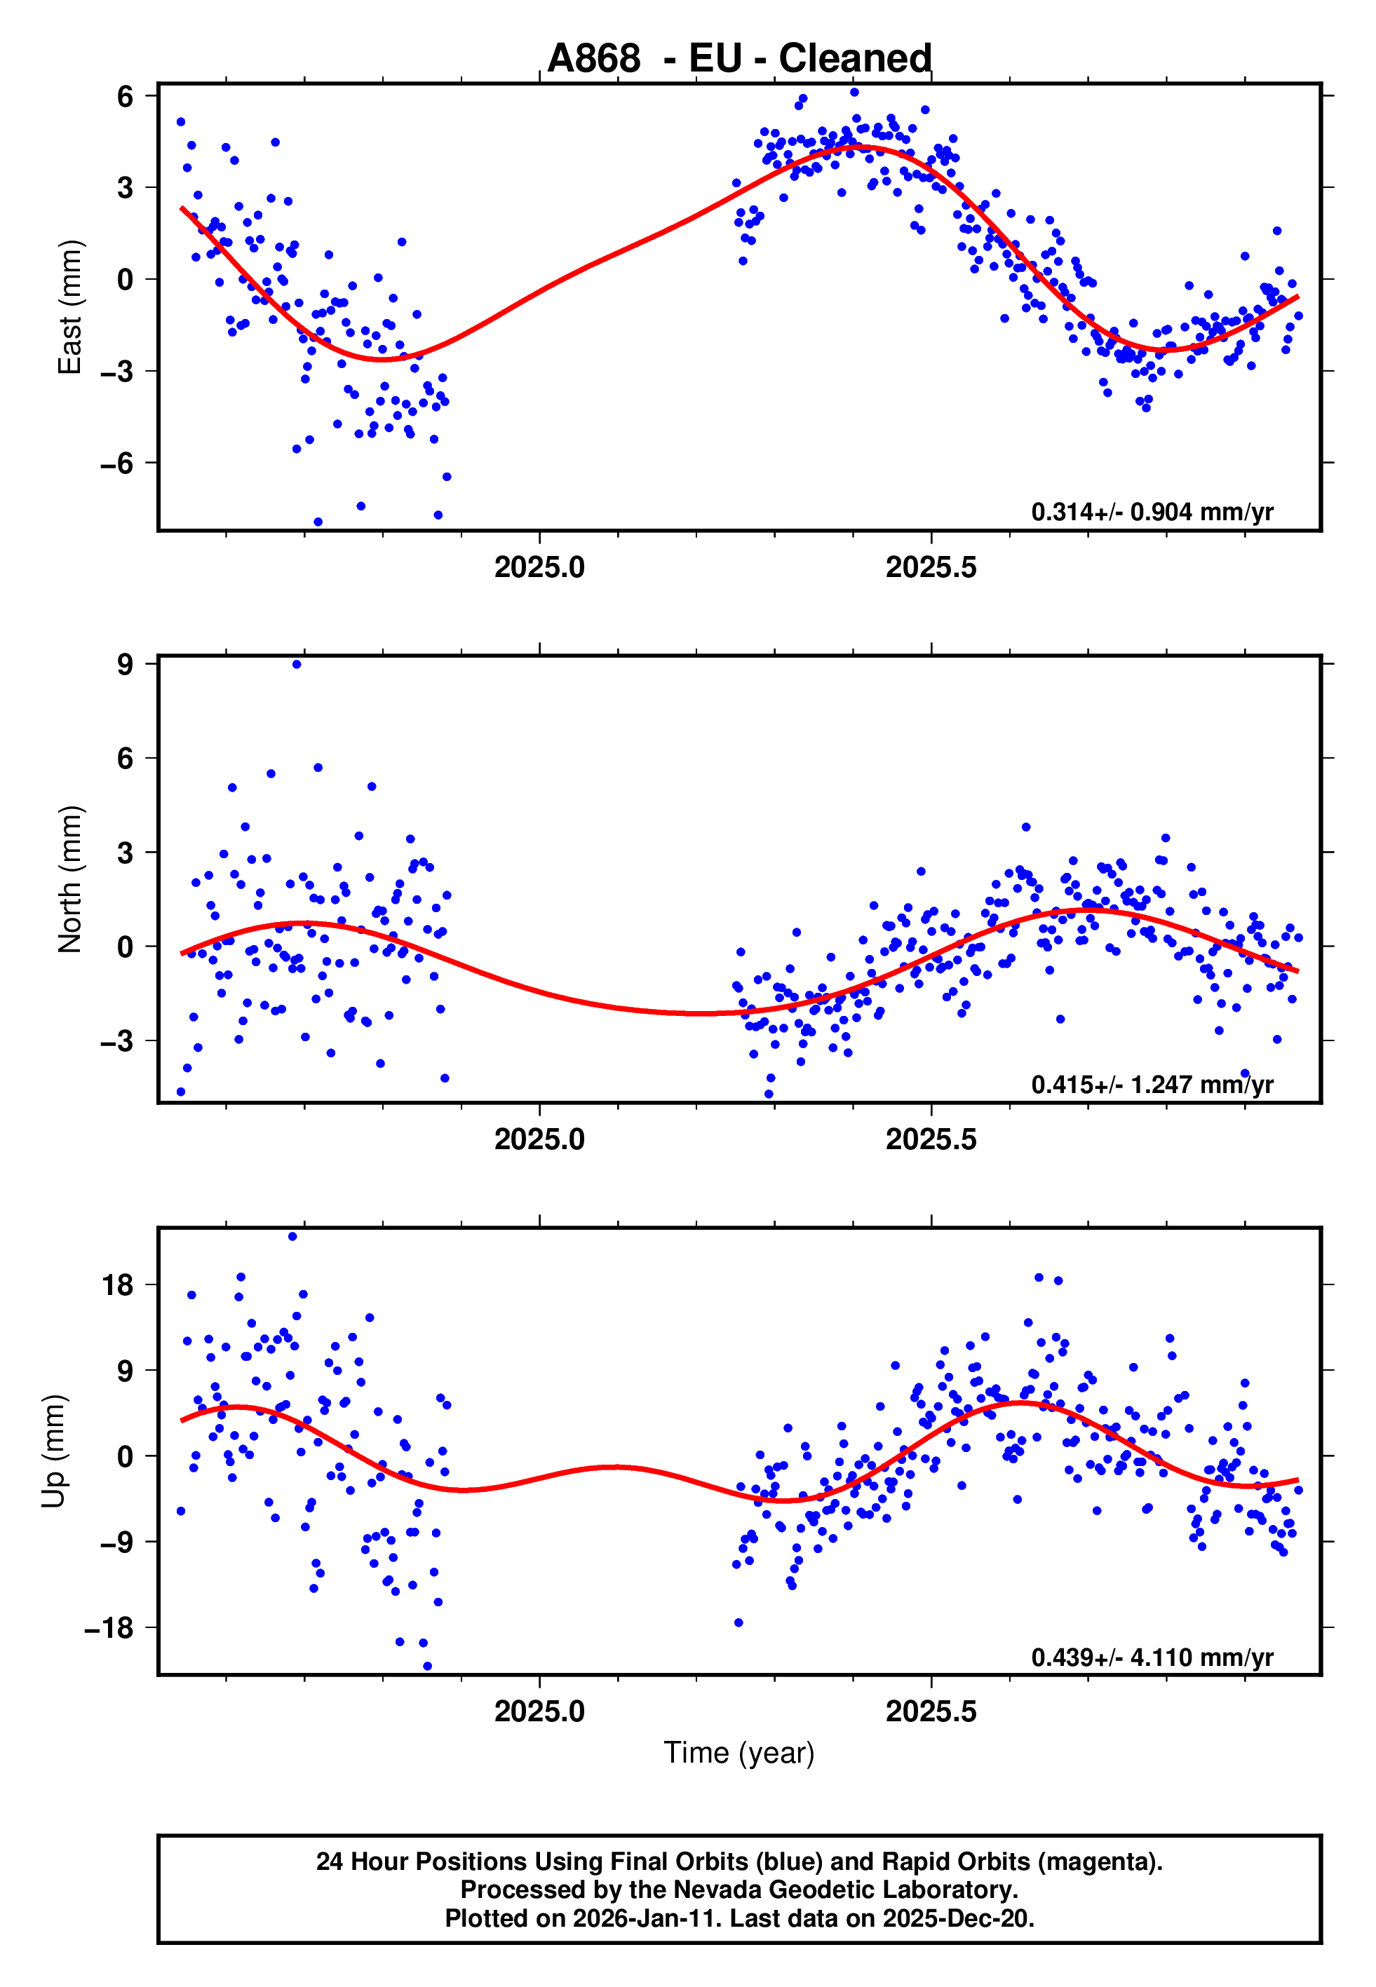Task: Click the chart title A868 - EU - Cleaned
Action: coord(739,59)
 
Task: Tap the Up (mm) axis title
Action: coord(53,1451)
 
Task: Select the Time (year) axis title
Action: coord(739,1753)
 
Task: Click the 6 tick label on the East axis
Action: coord(126,95)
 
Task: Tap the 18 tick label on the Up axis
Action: coord(118,1284)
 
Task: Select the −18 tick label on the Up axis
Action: coord(109,1629)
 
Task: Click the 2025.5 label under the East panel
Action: coord(931,567)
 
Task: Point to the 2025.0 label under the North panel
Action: coord(540,1139)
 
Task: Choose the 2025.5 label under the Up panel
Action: coord(931,1711)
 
